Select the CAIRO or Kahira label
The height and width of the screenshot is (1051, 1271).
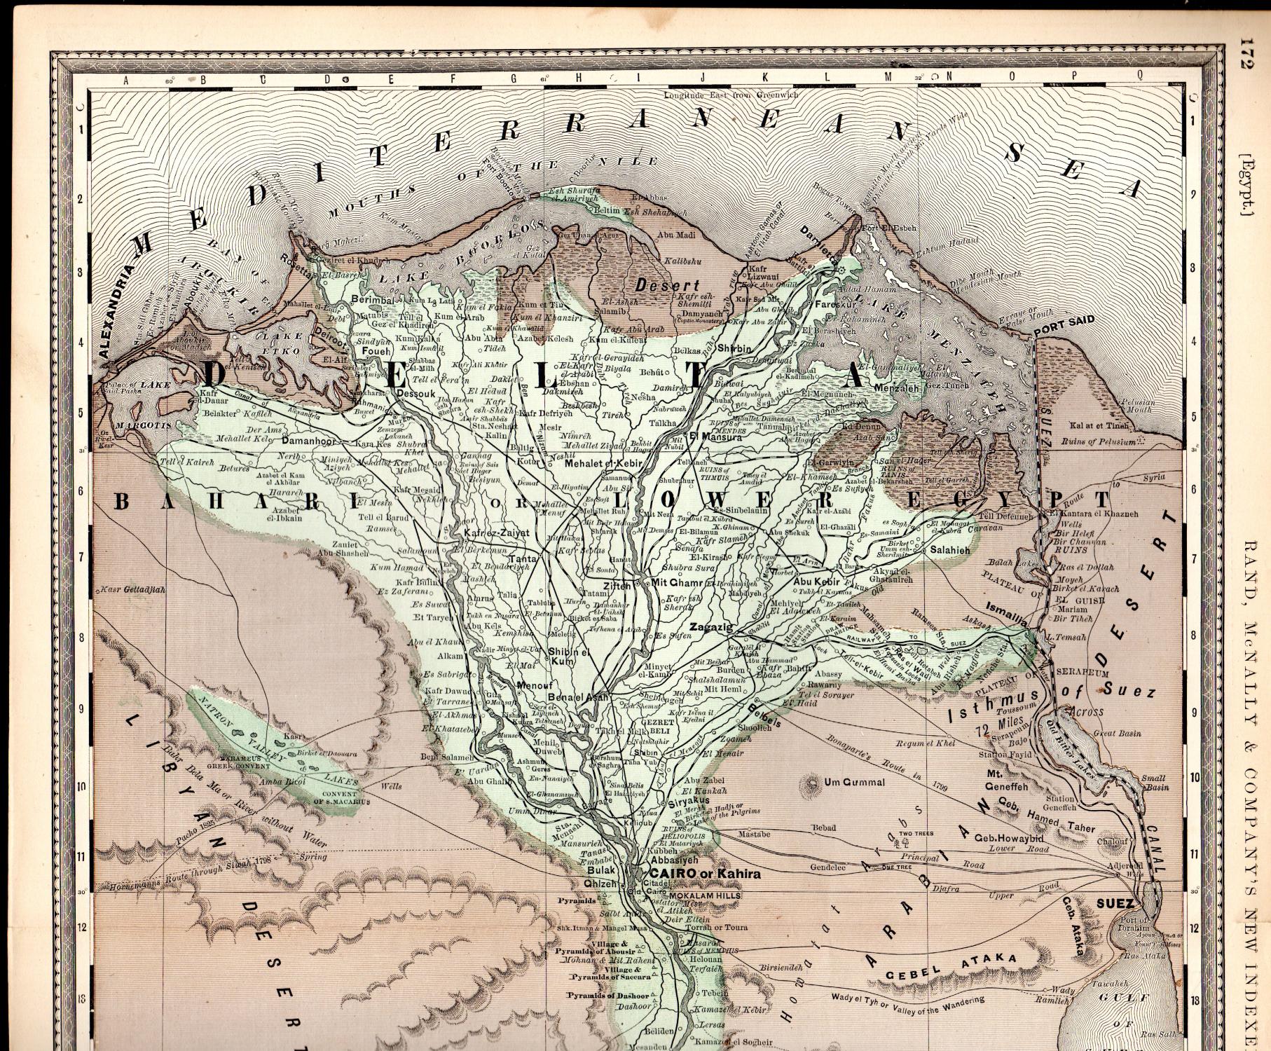point(705,874)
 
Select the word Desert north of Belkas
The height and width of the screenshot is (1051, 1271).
point(667,285)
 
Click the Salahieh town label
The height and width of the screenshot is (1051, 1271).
point(950,551)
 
